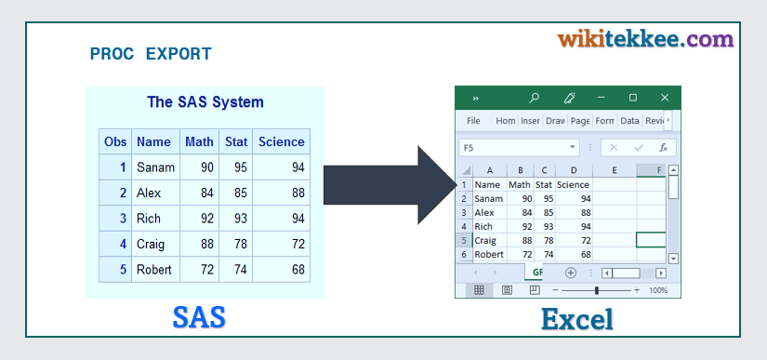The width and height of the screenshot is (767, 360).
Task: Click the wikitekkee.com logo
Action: click(646, 39)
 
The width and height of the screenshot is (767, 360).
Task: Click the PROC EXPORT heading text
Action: click(151, 54)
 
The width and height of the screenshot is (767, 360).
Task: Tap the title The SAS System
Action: click(205, 101)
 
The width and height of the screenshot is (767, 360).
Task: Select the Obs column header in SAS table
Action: click(115, 141)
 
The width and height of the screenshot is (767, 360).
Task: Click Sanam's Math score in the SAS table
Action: click(207, 167)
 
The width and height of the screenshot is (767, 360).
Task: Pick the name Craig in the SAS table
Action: click(151, 244)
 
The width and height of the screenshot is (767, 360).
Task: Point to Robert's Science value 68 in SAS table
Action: click(298, 270)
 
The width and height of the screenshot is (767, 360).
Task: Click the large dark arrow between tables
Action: click(390, 185)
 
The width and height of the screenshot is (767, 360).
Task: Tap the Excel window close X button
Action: click(665, 98)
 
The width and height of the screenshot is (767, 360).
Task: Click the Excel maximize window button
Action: click(633, 98)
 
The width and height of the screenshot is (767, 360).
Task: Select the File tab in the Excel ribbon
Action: click(473, 121)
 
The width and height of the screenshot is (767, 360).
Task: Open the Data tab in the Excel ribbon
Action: click(629, 121)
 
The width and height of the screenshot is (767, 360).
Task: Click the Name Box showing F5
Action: click(519, 148)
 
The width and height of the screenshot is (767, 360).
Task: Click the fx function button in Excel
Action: click(663, 148)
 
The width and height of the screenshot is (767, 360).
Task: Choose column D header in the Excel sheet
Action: click(574, 170)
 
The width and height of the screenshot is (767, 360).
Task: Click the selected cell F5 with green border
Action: click(651, 240)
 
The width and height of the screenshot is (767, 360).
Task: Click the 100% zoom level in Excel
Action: click(658, 290)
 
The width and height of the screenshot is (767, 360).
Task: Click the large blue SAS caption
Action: click(199, 317)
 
